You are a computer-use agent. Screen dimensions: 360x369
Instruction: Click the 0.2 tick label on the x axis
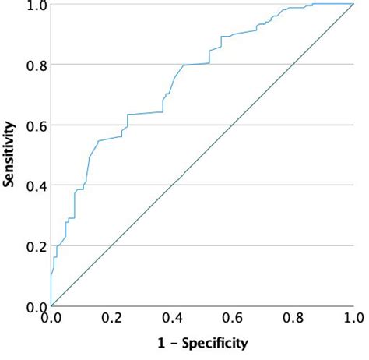point(111,318)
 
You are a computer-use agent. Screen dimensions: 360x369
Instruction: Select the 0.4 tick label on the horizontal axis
point(172,318)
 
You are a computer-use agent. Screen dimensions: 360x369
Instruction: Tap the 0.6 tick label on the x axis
point(232,318)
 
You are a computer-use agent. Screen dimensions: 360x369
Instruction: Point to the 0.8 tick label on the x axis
point(293,318)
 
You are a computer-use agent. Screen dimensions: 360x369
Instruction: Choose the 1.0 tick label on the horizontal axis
point(353,318)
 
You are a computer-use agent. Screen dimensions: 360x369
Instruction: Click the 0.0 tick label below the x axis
point(51,318)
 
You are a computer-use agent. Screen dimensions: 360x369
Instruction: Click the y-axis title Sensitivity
point(9,155)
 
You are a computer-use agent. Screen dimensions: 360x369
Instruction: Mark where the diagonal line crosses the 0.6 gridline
point(232,125)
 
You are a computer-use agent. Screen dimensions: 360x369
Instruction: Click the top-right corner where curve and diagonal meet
point(353,4)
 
